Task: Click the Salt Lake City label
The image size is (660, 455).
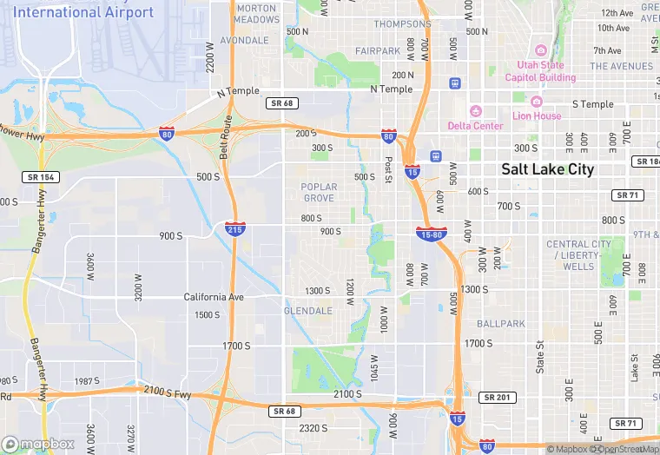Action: (547, 169)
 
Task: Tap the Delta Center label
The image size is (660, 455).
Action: (475, 126)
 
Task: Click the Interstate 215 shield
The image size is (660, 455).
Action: (234, 229)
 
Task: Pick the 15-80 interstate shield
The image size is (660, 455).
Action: (432, 234)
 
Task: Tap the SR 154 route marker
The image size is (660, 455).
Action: (39, 177)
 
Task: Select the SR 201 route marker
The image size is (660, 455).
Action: (496, 397)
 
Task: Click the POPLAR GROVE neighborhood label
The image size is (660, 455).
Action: (319, 192)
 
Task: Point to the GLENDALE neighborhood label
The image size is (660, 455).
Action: (308, 310)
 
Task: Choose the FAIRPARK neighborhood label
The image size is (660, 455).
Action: (377, 51)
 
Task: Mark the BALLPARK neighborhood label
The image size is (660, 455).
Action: (500, 324)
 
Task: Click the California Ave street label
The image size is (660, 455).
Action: (214, 297)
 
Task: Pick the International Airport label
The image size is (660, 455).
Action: (83, 12)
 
